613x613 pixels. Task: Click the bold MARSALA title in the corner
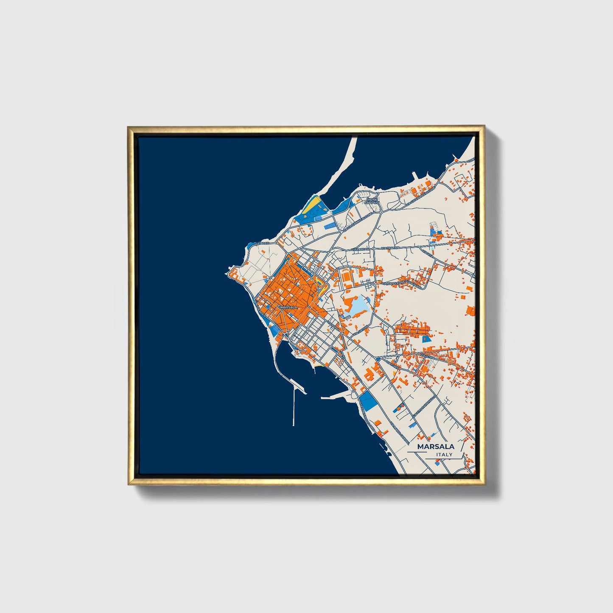(436, 447)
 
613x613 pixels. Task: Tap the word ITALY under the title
(444, 455)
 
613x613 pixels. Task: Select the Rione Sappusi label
(372, 201)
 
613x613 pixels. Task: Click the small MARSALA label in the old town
(289, 307)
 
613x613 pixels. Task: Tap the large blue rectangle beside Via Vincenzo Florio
(367, 400)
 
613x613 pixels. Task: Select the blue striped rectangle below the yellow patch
(329, 227)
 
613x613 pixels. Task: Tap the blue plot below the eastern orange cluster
(425, 339)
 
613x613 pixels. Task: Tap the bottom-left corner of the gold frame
(129, 484)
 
